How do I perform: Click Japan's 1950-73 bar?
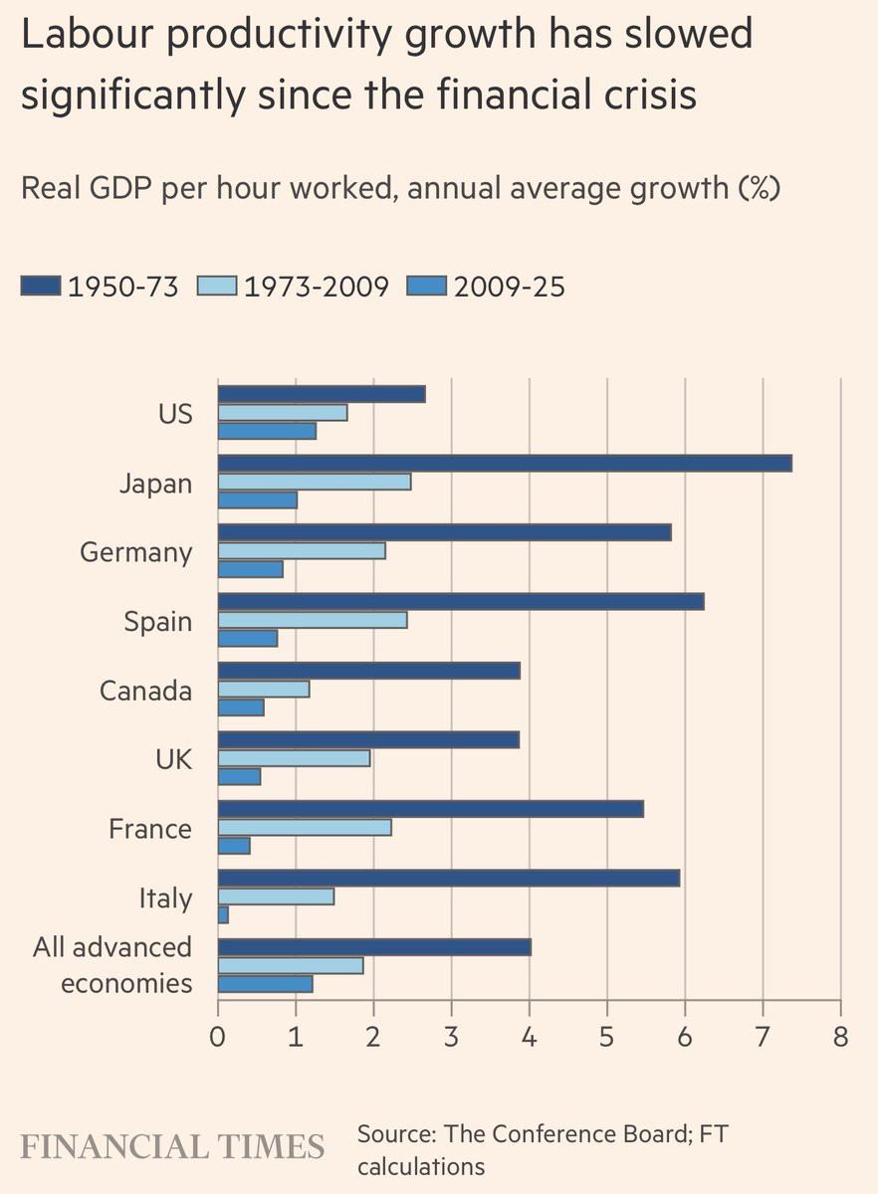tap(505, 463)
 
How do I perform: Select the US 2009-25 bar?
tap(267, 431)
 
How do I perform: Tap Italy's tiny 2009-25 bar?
tap(223, 914)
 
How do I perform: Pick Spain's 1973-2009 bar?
tap(313, 620)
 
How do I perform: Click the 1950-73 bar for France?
tap(430, 809)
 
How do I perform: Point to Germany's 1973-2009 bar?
tap(301, 551)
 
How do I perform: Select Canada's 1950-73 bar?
tap(368, 671)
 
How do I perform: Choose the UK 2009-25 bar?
tap(239, 776)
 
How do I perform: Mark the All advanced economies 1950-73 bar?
tap(374, 946)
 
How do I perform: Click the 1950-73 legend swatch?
tap(41, 288)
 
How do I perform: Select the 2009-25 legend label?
tap(509, 288)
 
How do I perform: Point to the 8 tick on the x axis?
tap(840, 1036)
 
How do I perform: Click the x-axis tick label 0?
tap(218, 1036)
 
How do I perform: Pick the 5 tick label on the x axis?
tap(606, 1036)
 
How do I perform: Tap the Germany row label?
tap(136, 552)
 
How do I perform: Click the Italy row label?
tap(165, 898)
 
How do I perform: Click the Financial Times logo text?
tap(172, 1145)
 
